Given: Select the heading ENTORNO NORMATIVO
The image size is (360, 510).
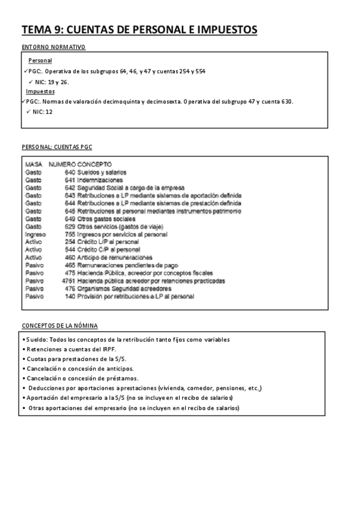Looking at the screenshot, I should coord(53,47).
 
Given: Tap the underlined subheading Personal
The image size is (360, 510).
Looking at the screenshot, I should coord(40,61).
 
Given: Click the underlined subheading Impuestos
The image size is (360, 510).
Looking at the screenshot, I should coord(40,91).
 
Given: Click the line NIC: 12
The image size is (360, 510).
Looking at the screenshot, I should coord(44,111).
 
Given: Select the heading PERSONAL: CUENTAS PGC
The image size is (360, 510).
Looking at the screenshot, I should coord(56,147).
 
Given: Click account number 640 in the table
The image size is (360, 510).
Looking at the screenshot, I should coord(70,173).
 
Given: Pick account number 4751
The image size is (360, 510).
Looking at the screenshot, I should coord(69,281).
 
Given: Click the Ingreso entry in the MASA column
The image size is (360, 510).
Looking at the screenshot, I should coord(34,234).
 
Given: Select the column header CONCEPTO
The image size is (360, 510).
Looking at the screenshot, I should coord(94,164).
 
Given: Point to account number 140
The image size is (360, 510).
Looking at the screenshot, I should coord(70,296).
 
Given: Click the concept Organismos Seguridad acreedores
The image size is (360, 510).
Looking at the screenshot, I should coord(120,289).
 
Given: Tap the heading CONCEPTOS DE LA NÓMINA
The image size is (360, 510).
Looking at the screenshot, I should coord(59,325).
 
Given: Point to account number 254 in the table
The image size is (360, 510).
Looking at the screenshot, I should coord(70,242).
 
